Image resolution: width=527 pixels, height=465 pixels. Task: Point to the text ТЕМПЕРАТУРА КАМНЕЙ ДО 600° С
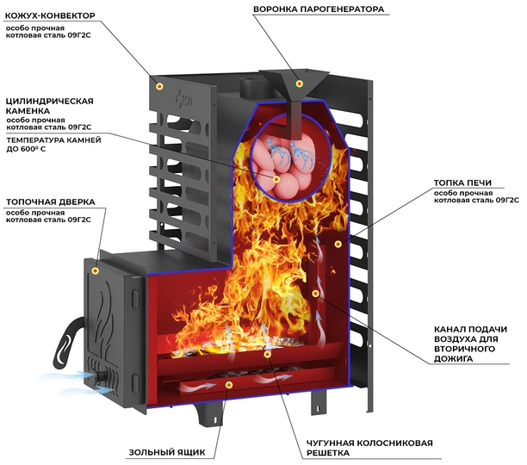coord(53,145)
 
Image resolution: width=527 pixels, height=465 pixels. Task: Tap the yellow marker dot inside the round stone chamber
coord(276,179)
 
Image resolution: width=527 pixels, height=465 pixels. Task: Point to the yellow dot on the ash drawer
coord(229,386)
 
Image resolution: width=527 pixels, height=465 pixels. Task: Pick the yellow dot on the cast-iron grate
coord(267,354)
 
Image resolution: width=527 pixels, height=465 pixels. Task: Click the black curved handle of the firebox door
coord(68,342)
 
